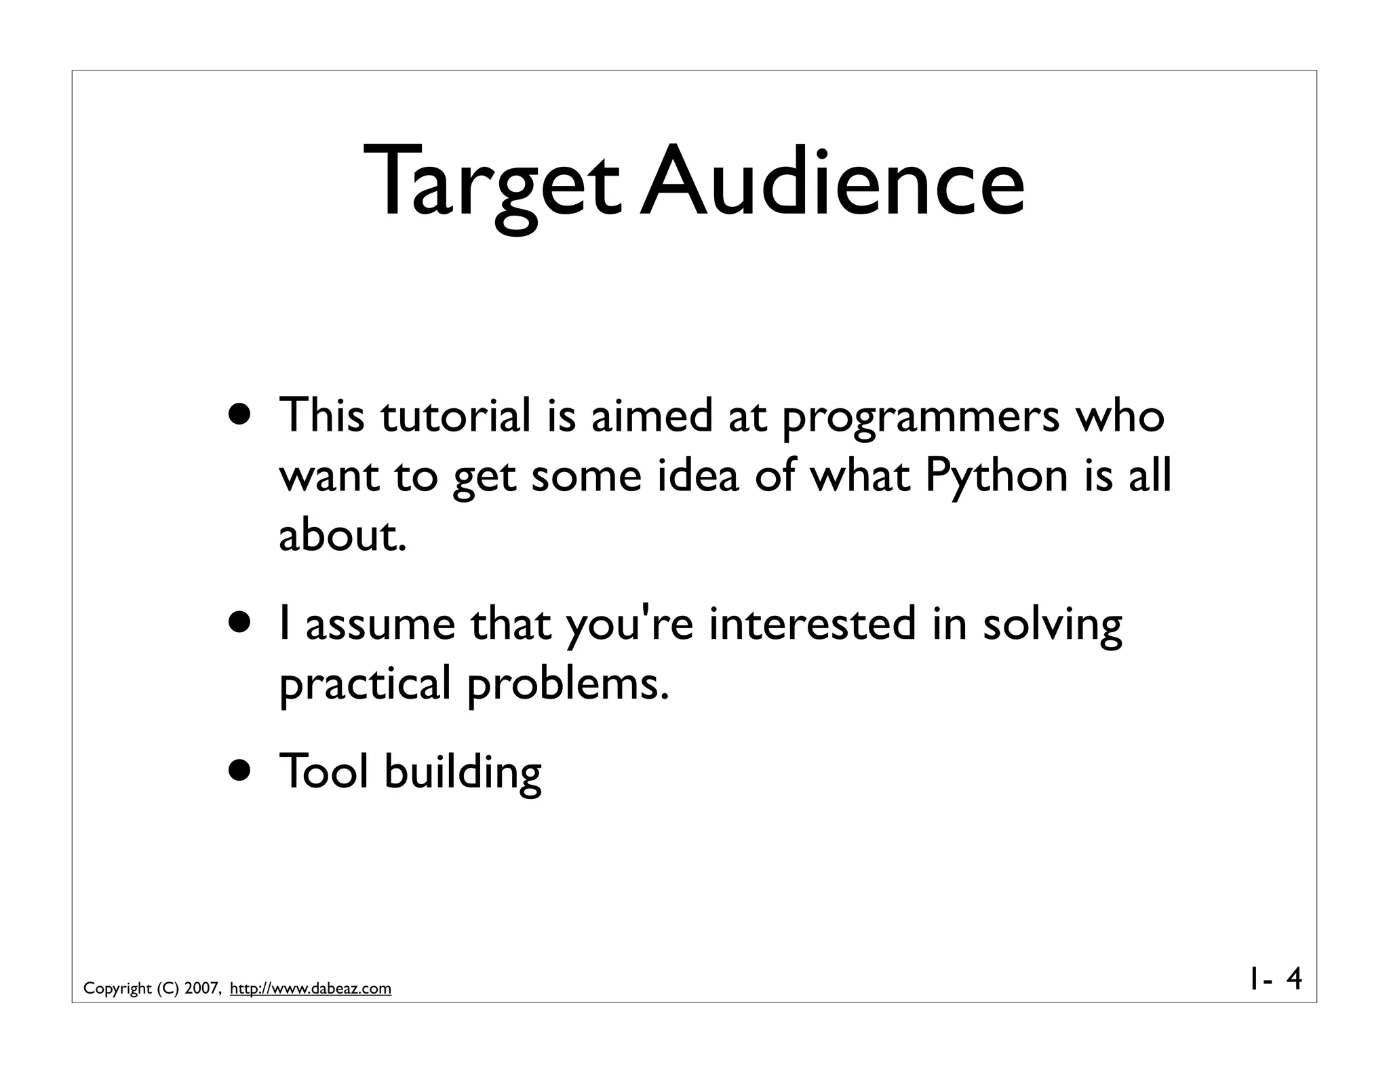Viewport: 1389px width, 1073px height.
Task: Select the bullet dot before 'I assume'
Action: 242,623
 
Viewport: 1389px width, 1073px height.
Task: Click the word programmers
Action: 920,417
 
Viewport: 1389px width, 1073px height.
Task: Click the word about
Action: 343,535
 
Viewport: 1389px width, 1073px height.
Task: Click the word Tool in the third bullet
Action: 324,771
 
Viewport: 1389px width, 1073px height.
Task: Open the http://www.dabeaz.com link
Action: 311,989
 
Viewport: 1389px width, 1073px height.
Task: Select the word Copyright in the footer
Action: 117,989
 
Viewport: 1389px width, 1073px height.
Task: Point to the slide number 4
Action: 1293,979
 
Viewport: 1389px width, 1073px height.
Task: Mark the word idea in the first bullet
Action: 698,475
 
